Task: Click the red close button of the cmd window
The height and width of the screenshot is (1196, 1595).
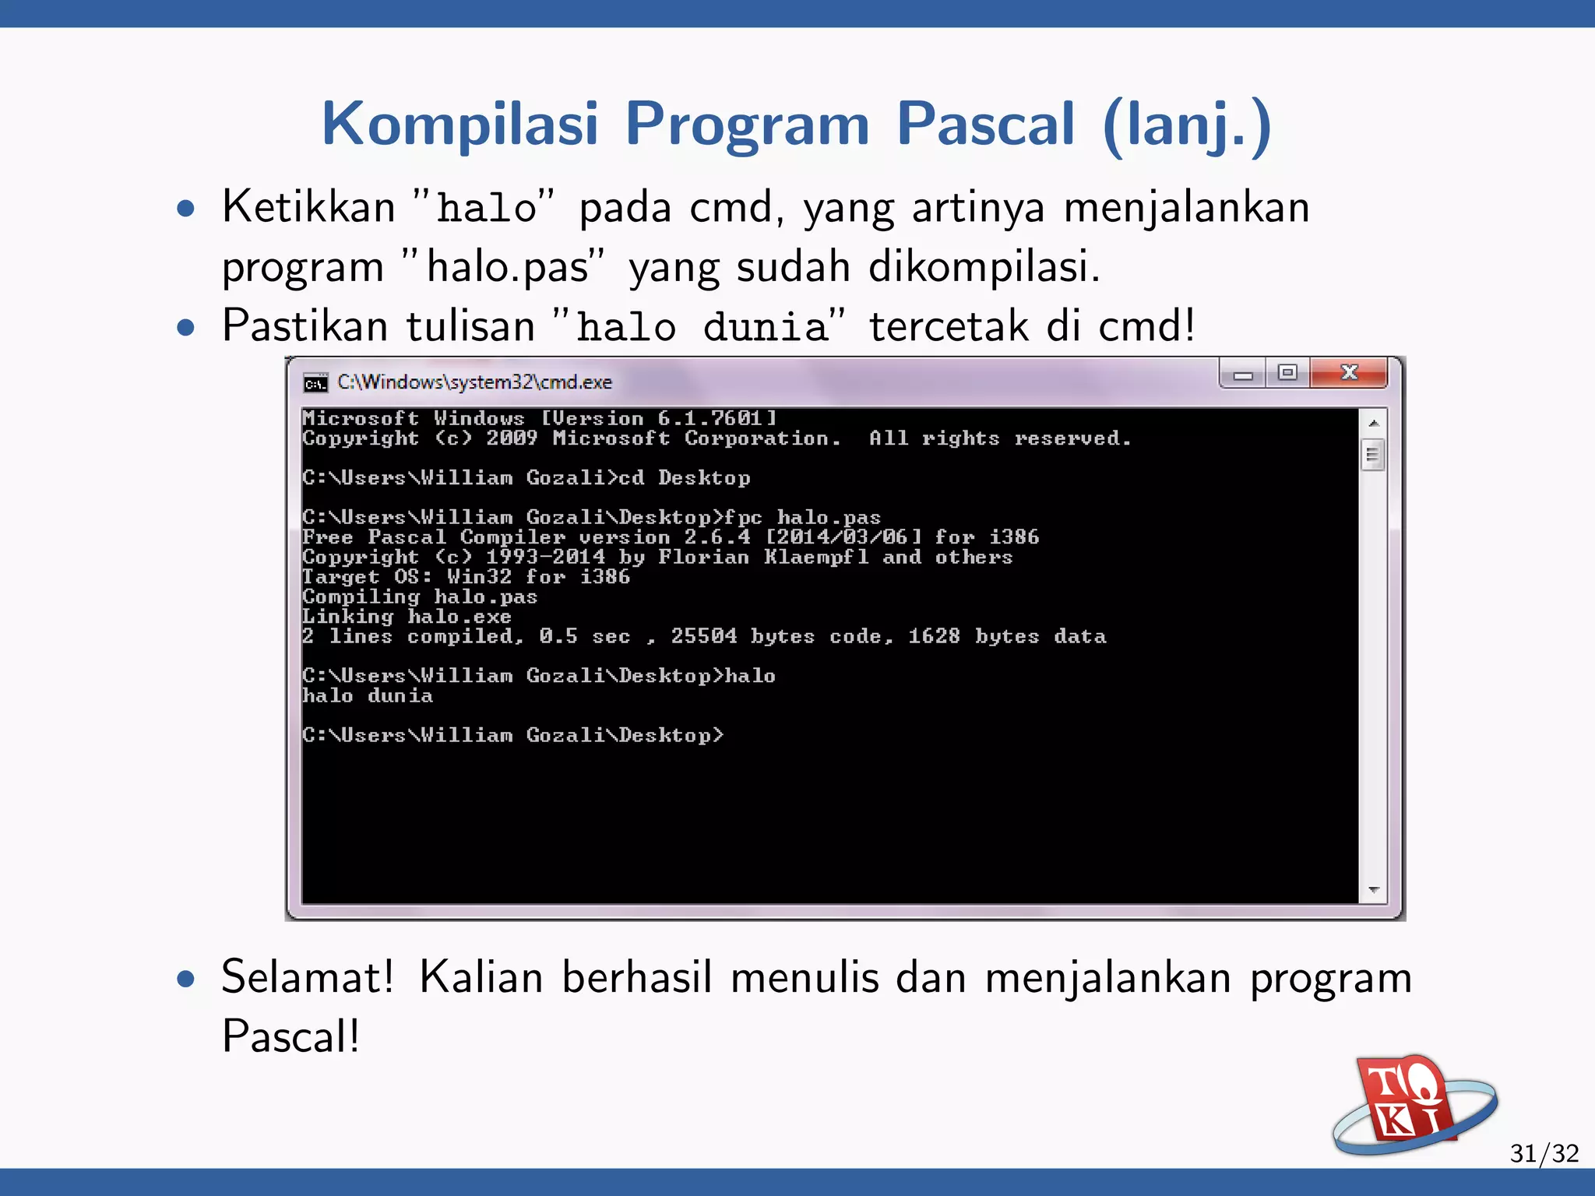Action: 1348,373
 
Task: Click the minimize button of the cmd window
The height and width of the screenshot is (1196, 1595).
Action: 1243,375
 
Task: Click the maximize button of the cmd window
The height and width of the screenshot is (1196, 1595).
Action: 1287,373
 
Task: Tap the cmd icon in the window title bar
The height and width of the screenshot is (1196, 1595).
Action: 315,382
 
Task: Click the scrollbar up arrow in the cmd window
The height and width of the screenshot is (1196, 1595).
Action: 1373,424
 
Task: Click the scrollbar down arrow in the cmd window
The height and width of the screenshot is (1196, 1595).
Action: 1373,889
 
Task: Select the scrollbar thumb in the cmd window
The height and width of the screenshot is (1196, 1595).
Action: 1373,455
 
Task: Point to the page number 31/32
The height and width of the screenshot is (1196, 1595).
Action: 1544,1152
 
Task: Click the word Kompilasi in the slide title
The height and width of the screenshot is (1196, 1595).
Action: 459,124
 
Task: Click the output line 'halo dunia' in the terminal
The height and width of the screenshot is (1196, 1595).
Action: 368,695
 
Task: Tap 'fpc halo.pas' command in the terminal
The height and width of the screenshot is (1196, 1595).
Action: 802,518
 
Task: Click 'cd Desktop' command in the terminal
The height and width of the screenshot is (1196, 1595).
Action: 685,478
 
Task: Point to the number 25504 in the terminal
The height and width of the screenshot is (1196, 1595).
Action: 704,636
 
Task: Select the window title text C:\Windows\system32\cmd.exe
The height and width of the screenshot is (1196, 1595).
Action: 474,382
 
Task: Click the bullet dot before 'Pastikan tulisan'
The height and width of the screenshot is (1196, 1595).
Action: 185,326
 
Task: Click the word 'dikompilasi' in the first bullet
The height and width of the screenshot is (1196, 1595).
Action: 984,266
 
